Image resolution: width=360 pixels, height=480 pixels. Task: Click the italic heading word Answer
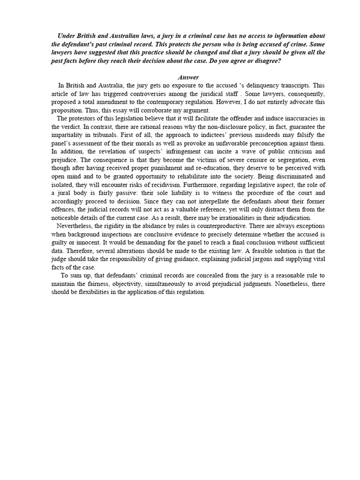pos(188,77)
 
